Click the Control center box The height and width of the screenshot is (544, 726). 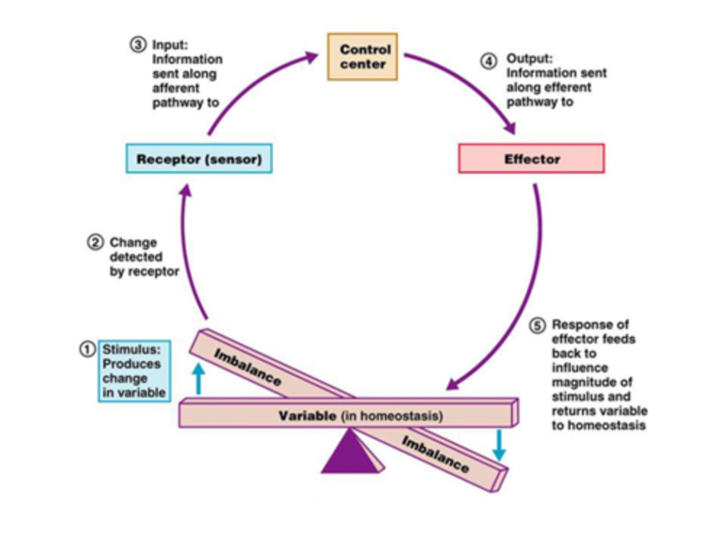click(362, 57)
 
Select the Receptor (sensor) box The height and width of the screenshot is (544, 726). click(199, 159)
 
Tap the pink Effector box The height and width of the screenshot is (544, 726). click(531, 159)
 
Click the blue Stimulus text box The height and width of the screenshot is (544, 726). click(134, 371)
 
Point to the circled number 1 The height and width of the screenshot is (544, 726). click(87, 349)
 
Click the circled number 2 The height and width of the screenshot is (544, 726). click(95, 242)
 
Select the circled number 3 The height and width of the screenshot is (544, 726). click(138, 45)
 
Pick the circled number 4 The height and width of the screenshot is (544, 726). click(488, 61)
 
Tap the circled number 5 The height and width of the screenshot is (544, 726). click(537, 325)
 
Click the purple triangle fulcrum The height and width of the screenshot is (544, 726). click(349, 453)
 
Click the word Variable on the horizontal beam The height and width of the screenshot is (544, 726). click(307, 416)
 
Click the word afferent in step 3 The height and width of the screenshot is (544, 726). click(176, 88)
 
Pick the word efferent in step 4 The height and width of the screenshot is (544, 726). click(566, 87)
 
